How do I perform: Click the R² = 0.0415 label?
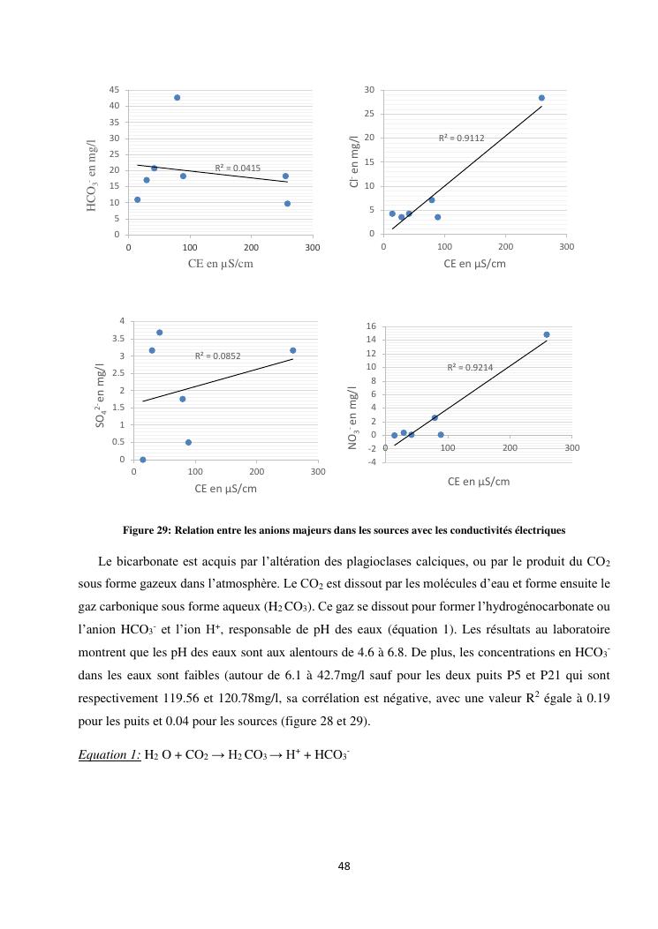[x=238, y=168]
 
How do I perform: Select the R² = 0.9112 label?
[x=462, y=139]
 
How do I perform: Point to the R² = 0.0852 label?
[x=218, y=356]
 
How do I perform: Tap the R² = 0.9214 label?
[x=470, y=367]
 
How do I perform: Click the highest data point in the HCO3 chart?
[x=177, y=98]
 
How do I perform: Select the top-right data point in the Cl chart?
[x=541, y=98]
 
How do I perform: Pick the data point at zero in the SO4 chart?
[x=143, y=460]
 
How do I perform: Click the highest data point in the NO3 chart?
[x=547, y=334]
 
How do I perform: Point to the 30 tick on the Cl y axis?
[x=369, y=90]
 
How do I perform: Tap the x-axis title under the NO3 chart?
[x=479, y=482]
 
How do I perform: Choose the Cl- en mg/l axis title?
[x=353, y=161]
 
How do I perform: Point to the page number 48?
[x=344, y=865]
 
